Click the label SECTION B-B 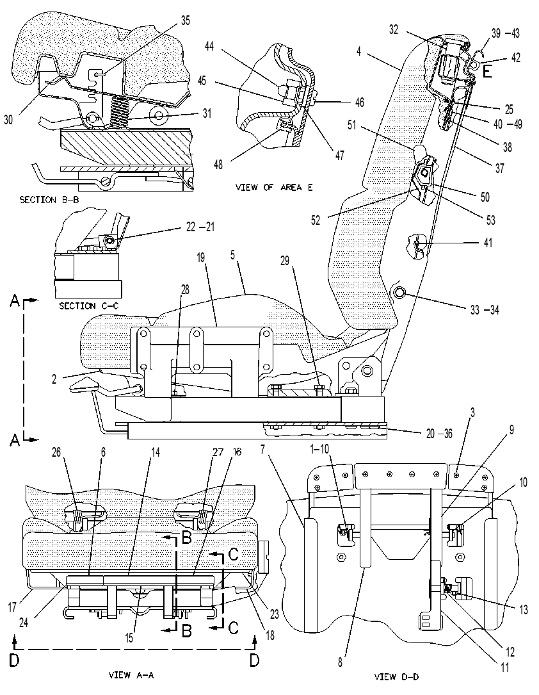tap(49, 200)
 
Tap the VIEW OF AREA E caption tap(274, 188)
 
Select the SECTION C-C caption tap(88, 306)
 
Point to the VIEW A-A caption tap(131, 675)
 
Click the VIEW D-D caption tap(396, 676)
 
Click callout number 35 tap(185, 20)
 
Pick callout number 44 tap(209, 45)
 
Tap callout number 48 tap(218, 165)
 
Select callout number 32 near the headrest tap(394, 29)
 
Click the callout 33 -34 tap(485, 310)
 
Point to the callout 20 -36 tap(439, 434)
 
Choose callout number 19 tap(201, 258)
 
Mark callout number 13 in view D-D tap(524, 609)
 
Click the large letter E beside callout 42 tap(487, 71)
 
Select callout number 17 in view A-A tap(12, 607)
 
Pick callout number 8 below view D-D tap(340, 663)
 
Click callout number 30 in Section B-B tap(8, 120)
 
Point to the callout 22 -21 tap(200, 227)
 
